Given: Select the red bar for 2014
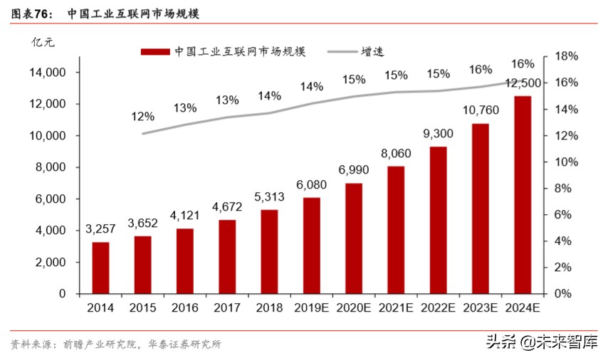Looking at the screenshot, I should [x=101, y=268].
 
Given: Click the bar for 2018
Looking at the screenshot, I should [x=269, y=251].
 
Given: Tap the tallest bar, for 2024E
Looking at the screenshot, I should [x=522, y=194].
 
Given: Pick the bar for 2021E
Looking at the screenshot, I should [x=395, y=229].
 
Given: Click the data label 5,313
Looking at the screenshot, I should [x=269, y=196].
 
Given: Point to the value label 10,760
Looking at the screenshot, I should [x=480, y=110].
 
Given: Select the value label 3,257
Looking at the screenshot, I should [x=101, y=229].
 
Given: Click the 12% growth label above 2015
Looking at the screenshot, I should [x=142, y=116].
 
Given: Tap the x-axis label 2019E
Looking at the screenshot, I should [x=311, y=308].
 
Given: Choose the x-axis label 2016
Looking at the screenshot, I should [x=184, y=308].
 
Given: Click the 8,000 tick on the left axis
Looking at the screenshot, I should [x=51, y=167].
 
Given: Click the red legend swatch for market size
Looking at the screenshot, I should [x=154, y=52].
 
